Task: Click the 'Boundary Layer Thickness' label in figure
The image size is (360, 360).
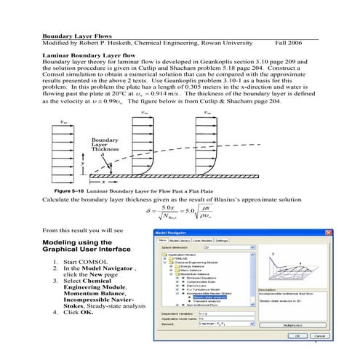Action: [x=106, y=144]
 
